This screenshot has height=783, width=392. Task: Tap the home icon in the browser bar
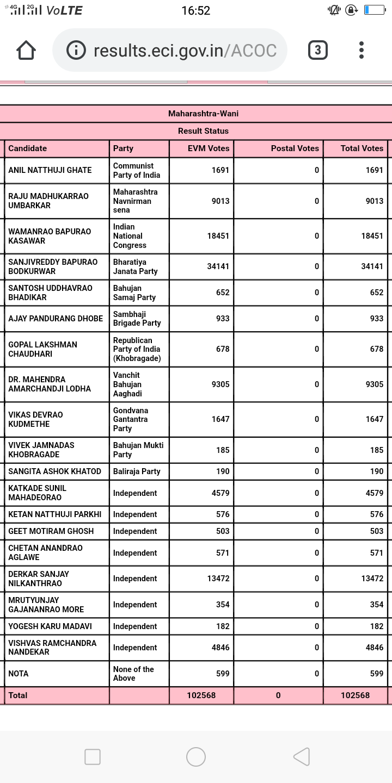coord(26,51)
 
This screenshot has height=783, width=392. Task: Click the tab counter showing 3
coord(318,51)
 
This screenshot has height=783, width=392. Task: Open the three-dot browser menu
coord(362,51)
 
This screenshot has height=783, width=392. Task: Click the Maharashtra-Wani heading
coord(203,114)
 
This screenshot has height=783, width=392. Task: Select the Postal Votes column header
coord(295,148)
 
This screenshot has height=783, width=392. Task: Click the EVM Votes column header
coord(208,148)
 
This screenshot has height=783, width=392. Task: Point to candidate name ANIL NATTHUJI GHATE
coord(50,170)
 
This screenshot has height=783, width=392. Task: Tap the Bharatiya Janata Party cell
coord(135,266)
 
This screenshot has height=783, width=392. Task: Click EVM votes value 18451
coord(218,236)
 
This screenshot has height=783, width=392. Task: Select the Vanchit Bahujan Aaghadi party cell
coord(127,384)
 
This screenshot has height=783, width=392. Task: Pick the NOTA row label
coord(19,674)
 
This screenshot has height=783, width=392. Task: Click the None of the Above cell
coord(133,674)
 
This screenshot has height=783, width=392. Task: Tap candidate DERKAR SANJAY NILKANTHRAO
coord(39,579)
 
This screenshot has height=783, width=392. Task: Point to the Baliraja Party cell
coord(137,471)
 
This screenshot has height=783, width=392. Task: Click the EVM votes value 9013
coord(220,201)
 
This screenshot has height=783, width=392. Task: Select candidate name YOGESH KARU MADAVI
coord(50,626)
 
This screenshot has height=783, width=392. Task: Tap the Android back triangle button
coord(302,756)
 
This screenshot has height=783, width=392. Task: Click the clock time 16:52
coord(195,10)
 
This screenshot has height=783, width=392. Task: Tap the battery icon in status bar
coord(374,10)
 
